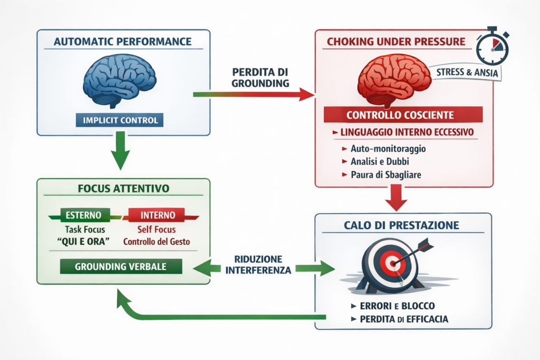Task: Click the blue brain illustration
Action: tap(120, 79)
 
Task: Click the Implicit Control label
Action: tap(120, 120)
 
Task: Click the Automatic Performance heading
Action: tap(121, 41)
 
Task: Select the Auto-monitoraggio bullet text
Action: tap(388, 149)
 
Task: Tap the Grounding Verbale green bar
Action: tap(121, 266)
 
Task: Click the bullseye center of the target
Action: tap(391, 261)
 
